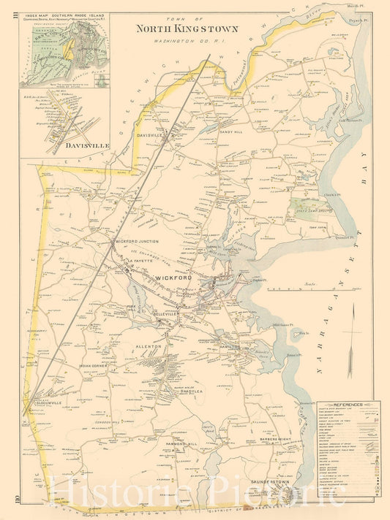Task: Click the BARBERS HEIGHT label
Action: pos(275,438)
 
